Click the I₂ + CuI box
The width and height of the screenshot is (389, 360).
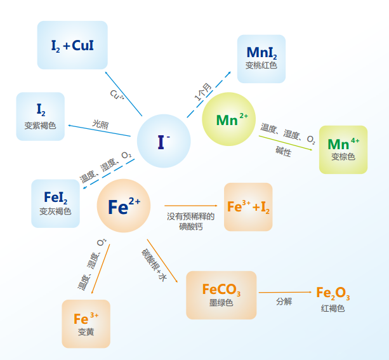tap(72, 45)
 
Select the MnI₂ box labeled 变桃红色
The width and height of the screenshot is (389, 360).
tap(261, 59)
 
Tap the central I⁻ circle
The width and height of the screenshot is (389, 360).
tap(164, 141)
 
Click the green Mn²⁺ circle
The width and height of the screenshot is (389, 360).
tap(228, 119)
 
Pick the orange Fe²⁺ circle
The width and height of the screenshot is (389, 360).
tap(124, 206)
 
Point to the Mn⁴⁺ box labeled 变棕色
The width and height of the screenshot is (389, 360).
tap(343, 150)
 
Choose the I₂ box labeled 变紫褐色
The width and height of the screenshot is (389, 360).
tap(41, 116)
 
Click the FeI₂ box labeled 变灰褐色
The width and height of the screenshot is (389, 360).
tap(56, 204)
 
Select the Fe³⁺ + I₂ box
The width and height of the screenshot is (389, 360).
tap(248, 207)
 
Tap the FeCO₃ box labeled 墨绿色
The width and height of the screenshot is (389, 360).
tap(221, 295)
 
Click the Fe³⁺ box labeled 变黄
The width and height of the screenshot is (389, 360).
tap(86, 324)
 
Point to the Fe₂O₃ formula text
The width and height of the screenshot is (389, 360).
tap(333, 293)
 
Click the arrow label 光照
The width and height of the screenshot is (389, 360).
tap(100, 124)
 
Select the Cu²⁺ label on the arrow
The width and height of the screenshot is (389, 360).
tap(117, 95)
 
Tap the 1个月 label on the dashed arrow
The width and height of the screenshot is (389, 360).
tap(203, 92)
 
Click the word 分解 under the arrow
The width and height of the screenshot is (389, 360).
tap(284, 302)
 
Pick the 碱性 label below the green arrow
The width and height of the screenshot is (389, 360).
tap(283, 151)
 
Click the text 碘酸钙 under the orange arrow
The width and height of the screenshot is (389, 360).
tap(191, 227)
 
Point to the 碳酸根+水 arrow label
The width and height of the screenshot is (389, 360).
tap(154, 265)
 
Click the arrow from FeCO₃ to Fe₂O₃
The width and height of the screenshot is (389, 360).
tap(285, 292)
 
